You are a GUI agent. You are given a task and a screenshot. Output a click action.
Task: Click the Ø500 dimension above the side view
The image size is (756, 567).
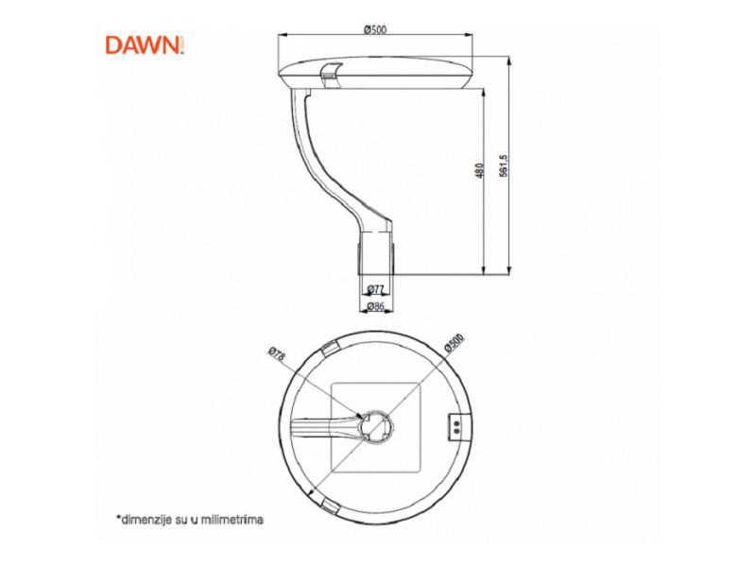375,29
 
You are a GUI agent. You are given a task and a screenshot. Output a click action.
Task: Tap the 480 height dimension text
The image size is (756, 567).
479,171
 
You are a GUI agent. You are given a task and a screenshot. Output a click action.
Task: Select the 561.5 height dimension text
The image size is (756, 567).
506,164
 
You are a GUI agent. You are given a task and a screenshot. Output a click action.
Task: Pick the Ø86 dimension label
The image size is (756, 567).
374,306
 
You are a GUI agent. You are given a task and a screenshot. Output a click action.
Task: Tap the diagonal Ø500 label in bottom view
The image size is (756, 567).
455,345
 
